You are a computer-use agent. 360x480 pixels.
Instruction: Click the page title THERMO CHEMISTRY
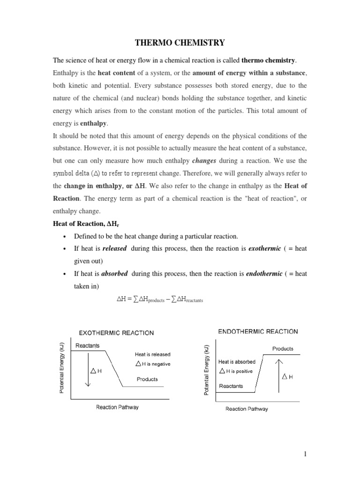tap(180, 43)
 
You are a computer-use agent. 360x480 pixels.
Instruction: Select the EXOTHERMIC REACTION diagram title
tap(116, 333)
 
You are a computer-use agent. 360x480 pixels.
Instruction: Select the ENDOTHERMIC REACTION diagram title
tap(258, 331)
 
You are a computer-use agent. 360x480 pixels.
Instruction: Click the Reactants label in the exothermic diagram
tap(88, 346)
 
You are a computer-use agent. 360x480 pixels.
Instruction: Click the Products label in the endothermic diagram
tap(283, 349)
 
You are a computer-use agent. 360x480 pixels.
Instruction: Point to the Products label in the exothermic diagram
tap(147, 379)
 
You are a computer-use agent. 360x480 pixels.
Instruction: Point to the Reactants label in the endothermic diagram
tap(231, 386)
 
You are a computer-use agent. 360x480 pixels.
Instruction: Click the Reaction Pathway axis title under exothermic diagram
tap(117, 407)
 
